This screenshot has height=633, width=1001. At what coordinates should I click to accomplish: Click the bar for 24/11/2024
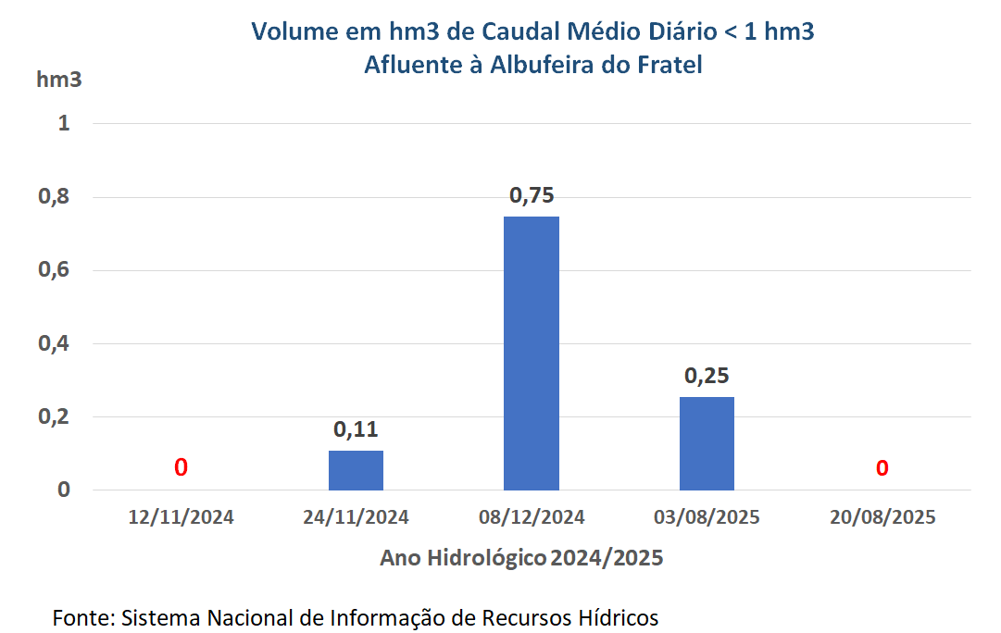356,470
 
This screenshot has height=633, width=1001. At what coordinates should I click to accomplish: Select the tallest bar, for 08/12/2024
532,354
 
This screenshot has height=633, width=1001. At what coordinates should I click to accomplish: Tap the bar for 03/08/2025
707,443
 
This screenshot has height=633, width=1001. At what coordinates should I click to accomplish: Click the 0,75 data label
532,195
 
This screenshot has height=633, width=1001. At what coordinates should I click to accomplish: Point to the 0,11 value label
356,429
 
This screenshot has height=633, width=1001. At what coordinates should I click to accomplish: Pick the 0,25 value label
707,376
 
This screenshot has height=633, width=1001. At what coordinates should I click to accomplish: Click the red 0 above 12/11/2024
181,467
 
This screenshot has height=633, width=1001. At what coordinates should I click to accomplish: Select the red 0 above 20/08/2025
882,467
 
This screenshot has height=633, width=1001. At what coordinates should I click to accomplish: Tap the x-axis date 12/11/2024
181,517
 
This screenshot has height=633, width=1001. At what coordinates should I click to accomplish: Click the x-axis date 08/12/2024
532,517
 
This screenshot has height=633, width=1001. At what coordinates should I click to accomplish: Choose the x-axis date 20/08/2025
882,517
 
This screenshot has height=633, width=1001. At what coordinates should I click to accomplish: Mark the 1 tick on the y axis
64,123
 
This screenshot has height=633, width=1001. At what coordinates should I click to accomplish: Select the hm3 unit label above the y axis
58,80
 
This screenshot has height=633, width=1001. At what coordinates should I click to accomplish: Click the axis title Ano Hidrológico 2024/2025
521,559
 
